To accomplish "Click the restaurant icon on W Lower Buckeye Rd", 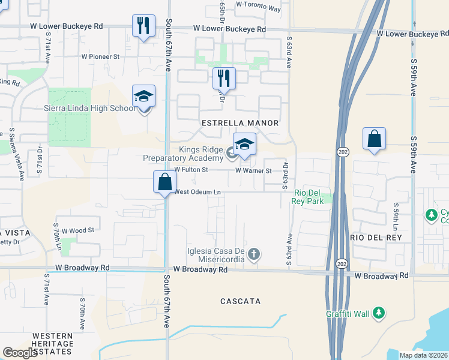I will (x=143, y=26).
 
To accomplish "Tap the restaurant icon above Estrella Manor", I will (x=223, y=77).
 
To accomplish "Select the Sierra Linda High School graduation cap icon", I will (x=143, y=96).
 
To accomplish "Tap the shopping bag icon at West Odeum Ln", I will (x=164, y=182).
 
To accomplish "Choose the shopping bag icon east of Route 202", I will (x=374, y=139).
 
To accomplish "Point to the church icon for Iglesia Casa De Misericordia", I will (x=254, y=254).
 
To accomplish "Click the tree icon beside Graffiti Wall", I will (x=378, y=313).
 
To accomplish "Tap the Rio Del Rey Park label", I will (x=309, y=197).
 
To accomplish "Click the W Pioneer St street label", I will (x=101, y=56).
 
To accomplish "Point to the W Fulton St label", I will (x=191, y=170).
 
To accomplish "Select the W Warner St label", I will (x=253, y=170).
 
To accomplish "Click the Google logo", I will (x=20, y=353).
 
